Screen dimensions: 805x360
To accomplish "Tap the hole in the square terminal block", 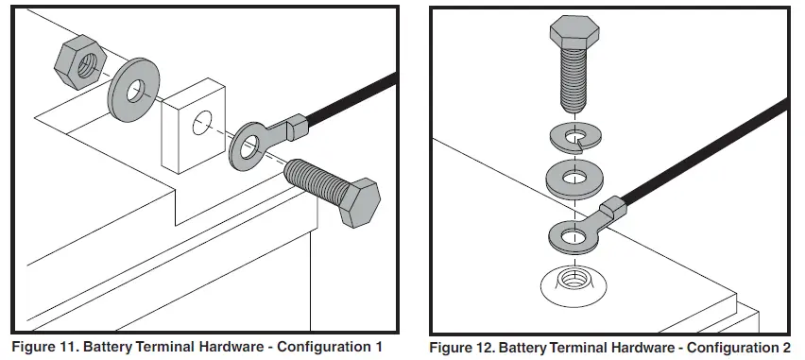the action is (x=202, y=123).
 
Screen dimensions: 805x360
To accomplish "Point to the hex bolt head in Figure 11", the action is (x=360, y=203).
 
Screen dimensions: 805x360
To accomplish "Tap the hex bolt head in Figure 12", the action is (x=574, y=31).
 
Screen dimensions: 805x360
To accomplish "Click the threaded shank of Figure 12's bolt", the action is (x=574, y=79).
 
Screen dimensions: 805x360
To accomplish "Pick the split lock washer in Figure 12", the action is (x=575, y=137).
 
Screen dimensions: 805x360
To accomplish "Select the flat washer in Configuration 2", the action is (x=574, y=180).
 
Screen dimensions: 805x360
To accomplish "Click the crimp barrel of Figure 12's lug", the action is (x=613, y=207).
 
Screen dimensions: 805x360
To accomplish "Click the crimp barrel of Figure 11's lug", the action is (x=297, y=127).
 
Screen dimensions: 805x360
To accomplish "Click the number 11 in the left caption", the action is (x=68, y=347).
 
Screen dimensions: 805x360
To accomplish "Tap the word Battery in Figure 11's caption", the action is (x=108, y=347).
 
